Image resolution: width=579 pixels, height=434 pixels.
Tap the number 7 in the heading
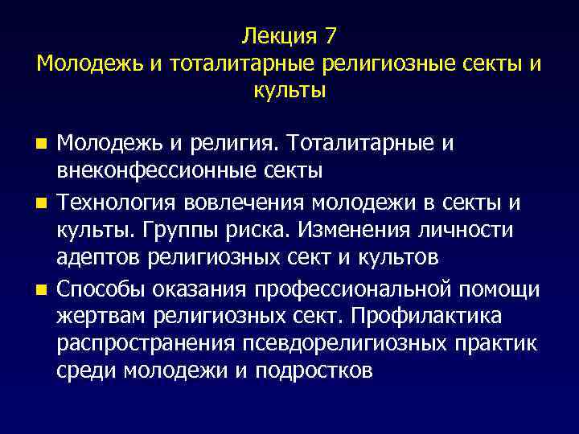(x=331, y=36)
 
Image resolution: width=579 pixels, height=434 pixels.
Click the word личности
(x=466, y=229)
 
